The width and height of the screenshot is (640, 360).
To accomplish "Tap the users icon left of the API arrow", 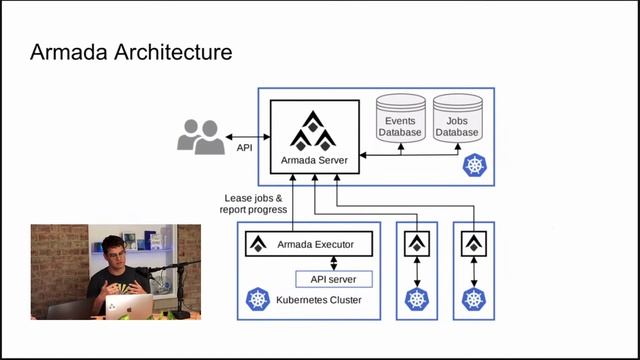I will pyautogui.click(x=200, y=136).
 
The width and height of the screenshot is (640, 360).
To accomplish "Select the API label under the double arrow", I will pyautogui.click(x=244, y=148).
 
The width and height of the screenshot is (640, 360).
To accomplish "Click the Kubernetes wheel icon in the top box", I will pyautogui.click(x=472, y=166).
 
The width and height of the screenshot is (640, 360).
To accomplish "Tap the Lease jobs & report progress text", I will pyautogui.click(x=254, y=204).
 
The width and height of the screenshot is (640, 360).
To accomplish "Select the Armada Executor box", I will pyautogui.click(x=308, y=243).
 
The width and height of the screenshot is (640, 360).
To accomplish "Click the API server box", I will pyautogui.click(x=333, y=279).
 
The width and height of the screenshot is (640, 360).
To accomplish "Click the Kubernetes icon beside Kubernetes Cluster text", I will pyautogui.click(x=258, y=300).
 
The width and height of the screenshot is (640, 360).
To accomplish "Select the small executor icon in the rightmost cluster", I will pyautogui.click(x=471, y=243).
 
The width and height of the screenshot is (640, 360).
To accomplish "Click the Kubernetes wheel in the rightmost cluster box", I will pyautogui.click(x=471, y=299).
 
